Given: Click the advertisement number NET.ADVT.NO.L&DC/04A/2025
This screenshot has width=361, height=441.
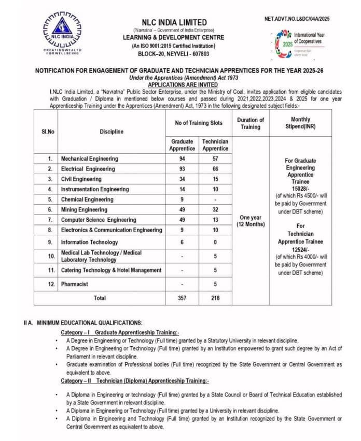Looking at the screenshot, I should pos(297,19).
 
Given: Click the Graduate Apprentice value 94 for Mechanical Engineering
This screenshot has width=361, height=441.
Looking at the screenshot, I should pos(182,159).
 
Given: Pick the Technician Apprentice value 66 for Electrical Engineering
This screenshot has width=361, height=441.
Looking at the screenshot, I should pos(215,169).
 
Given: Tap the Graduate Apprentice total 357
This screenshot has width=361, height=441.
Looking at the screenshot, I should pos(182,298).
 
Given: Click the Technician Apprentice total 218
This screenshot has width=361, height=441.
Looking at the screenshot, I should pos(215,298).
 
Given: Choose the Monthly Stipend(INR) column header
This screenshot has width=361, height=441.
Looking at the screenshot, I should pos(300,123).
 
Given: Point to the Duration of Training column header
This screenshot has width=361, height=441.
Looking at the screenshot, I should pos(250,123).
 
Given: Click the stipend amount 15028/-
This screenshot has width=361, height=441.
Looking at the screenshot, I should pos(300,189).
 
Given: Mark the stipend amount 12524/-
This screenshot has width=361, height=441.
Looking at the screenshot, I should pos(300,249).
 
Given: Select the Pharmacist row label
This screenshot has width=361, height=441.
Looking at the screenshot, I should pos(75,284).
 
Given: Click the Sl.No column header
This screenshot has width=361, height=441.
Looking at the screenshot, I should pos(48,132).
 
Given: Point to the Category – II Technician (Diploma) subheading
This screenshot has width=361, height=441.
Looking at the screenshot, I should pos(135,381).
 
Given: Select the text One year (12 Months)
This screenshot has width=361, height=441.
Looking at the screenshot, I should pos(250,221).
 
